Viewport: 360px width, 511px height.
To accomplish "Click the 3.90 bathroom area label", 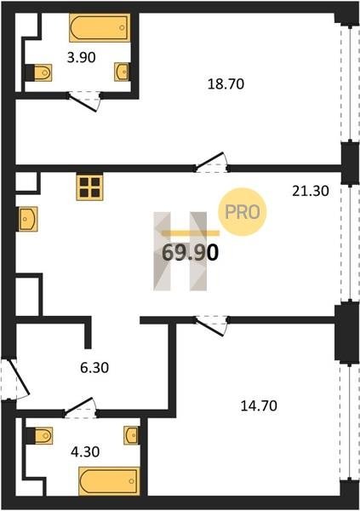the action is (x=81, y=58).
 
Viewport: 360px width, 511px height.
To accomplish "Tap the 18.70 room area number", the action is (x=226, y=84).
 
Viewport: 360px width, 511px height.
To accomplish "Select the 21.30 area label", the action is (x=311, y=191).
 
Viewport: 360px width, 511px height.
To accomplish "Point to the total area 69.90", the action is (x=190, y=253).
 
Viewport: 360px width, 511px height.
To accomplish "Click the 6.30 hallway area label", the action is (x=94, y=368).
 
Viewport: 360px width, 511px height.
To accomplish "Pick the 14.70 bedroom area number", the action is (x=259, y=406).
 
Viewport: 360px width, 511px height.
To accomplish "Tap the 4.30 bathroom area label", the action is (x=85, y=452).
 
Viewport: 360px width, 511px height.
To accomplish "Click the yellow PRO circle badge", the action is (x=243, y=212).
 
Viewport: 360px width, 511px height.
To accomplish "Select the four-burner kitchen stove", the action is (x=89, y=188).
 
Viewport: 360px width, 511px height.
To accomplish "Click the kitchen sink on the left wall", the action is (x=28, y=219).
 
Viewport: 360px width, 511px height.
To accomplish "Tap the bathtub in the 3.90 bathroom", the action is (x=100, y=28).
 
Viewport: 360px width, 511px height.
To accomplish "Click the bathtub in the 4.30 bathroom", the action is (x=109, y=481).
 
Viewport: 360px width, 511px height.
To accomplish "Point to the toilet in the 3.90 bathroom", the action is (x=39, y=72).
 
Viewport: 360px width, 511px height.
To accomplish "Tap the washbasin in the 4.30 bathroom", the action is (x=132, y=435).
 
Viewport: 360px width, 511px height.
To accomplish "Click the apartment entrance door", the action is (x=15, y=380).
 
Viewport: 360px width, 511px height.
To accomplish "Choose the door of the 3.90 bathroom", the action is (x=84, y=101).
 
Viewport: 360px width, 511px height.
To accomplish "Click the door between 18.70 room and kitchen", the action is (x=212, y=163).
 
